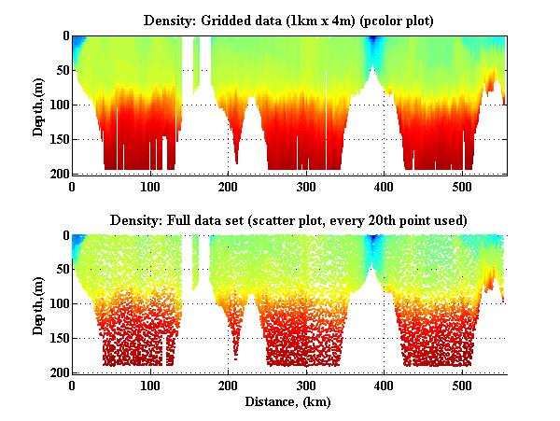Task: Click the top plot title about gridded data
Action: [x=288, y=21]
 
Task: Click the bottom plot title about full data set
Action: [x=288, y=220]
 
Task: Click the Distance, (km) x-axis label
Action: [x=288, y=402]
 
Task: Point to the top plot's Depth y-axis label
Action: [x=38, y=105]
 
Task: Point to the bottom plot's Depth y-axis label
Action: [x=38, y=303]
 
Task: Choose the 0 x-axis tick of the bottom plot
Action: [x=73, y=385]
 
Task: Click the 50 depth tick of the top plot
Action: [x=59, y=71]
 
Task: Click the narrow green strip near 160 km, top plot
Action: [x=196, y=65]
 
